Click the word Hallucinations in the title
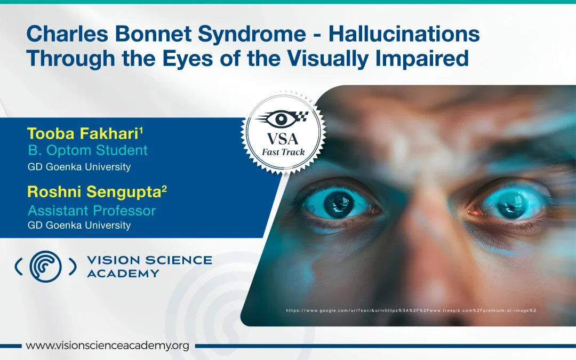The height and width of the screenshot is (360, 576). click(404, 34)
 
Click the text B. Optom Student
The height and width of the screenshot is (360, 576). click(88, 150)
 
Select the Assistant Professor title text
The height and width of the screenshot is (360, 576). click(92, 211)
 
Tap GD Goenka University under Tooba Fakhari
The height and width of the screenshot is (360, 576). click(79, 167)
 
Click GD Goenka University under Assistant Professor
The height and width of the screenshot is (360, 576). click(79, 225)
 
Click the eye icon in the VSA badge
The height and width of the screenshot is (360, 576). click(282, 118)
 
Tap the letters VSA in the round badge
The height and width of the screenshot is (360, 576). click(283, 139)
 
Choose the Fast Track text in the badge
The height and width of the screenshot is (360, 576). click(283, 152)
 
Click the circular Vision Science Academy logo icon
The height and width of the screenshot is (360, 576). click(45, 267)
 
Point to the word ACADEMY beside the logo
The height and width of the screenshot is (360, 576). click(123, 274)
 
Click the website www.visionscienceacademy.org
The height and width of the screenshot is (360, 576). click(107, 346)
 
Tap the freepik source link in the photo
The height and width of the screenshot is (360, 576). click(411, 310)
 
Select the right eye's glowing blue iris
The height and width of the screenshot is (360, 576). click(511, 203)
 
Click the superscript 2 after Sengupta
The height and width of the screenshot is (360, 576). click(164, 189)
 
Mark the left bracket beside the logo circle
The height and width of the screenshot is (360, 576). click(18, 267)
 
